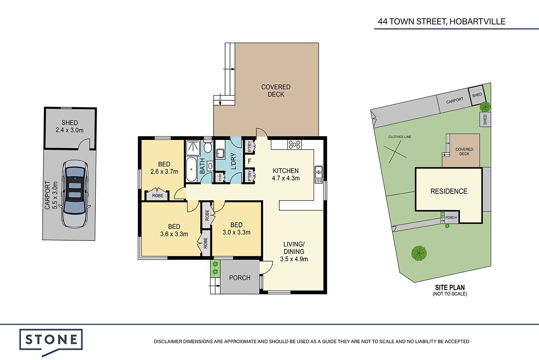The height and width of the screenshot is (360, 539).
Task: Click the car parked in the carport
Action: click(75, 194)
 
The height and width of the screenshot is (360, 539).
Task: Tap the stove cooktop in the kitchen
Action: click(294, 145)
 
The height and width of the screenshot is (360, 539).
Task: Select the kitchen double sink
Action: click(319, 175)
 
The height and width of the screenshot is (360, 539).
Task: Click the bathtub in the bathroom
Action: click(191, 170)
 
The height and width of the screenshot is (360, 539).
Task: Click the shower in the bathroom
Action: click(193, 148)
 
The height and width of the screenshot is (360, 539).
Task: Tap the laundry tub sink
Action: click(220, 153)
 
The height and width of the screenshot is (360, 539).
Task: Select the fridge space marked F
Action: click(249, 161)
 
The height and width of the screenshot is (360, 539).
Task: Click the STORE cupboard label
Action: click(220, 178)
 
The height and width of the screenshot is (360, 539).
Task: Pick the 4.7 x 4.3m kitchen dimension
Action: click(286, 178)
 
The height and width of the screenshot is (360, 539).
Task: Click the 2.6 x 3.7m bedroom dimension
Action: click(164, 172)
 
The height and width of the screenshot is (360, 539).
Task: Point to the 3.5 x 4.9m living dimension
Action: click(294, 259)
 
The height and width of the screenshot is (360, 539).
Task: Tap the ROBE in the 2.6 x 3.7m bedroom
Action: click(158, 196)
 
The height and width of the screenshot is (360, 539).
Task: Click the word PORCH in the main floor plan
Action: click(240, 278)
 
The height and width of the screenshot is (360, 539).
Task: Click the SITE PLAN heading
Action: click(450, 288)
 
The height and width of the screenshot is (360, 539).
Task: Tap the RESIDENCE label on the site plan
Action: click(449, 191)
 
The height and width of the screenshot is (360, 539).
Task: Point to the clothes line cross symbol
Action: click(395, 152)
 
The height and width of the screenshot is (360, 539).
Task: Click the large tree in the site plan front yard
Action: click(419, 254)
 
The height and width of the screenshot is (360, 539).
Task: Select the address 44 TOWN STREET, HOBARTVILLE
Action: click(441, 22)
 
